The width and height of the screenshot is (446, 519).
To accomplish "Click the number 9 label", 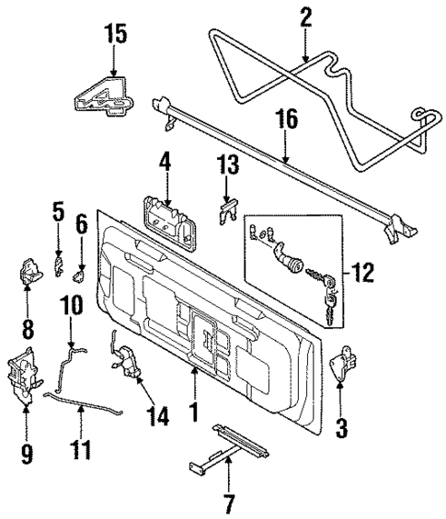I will pyautogui.click(x=27, y=451).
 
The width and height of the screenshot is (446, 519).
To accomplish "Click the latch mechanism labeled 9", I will pyautogui.click(x=26, y=377).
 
